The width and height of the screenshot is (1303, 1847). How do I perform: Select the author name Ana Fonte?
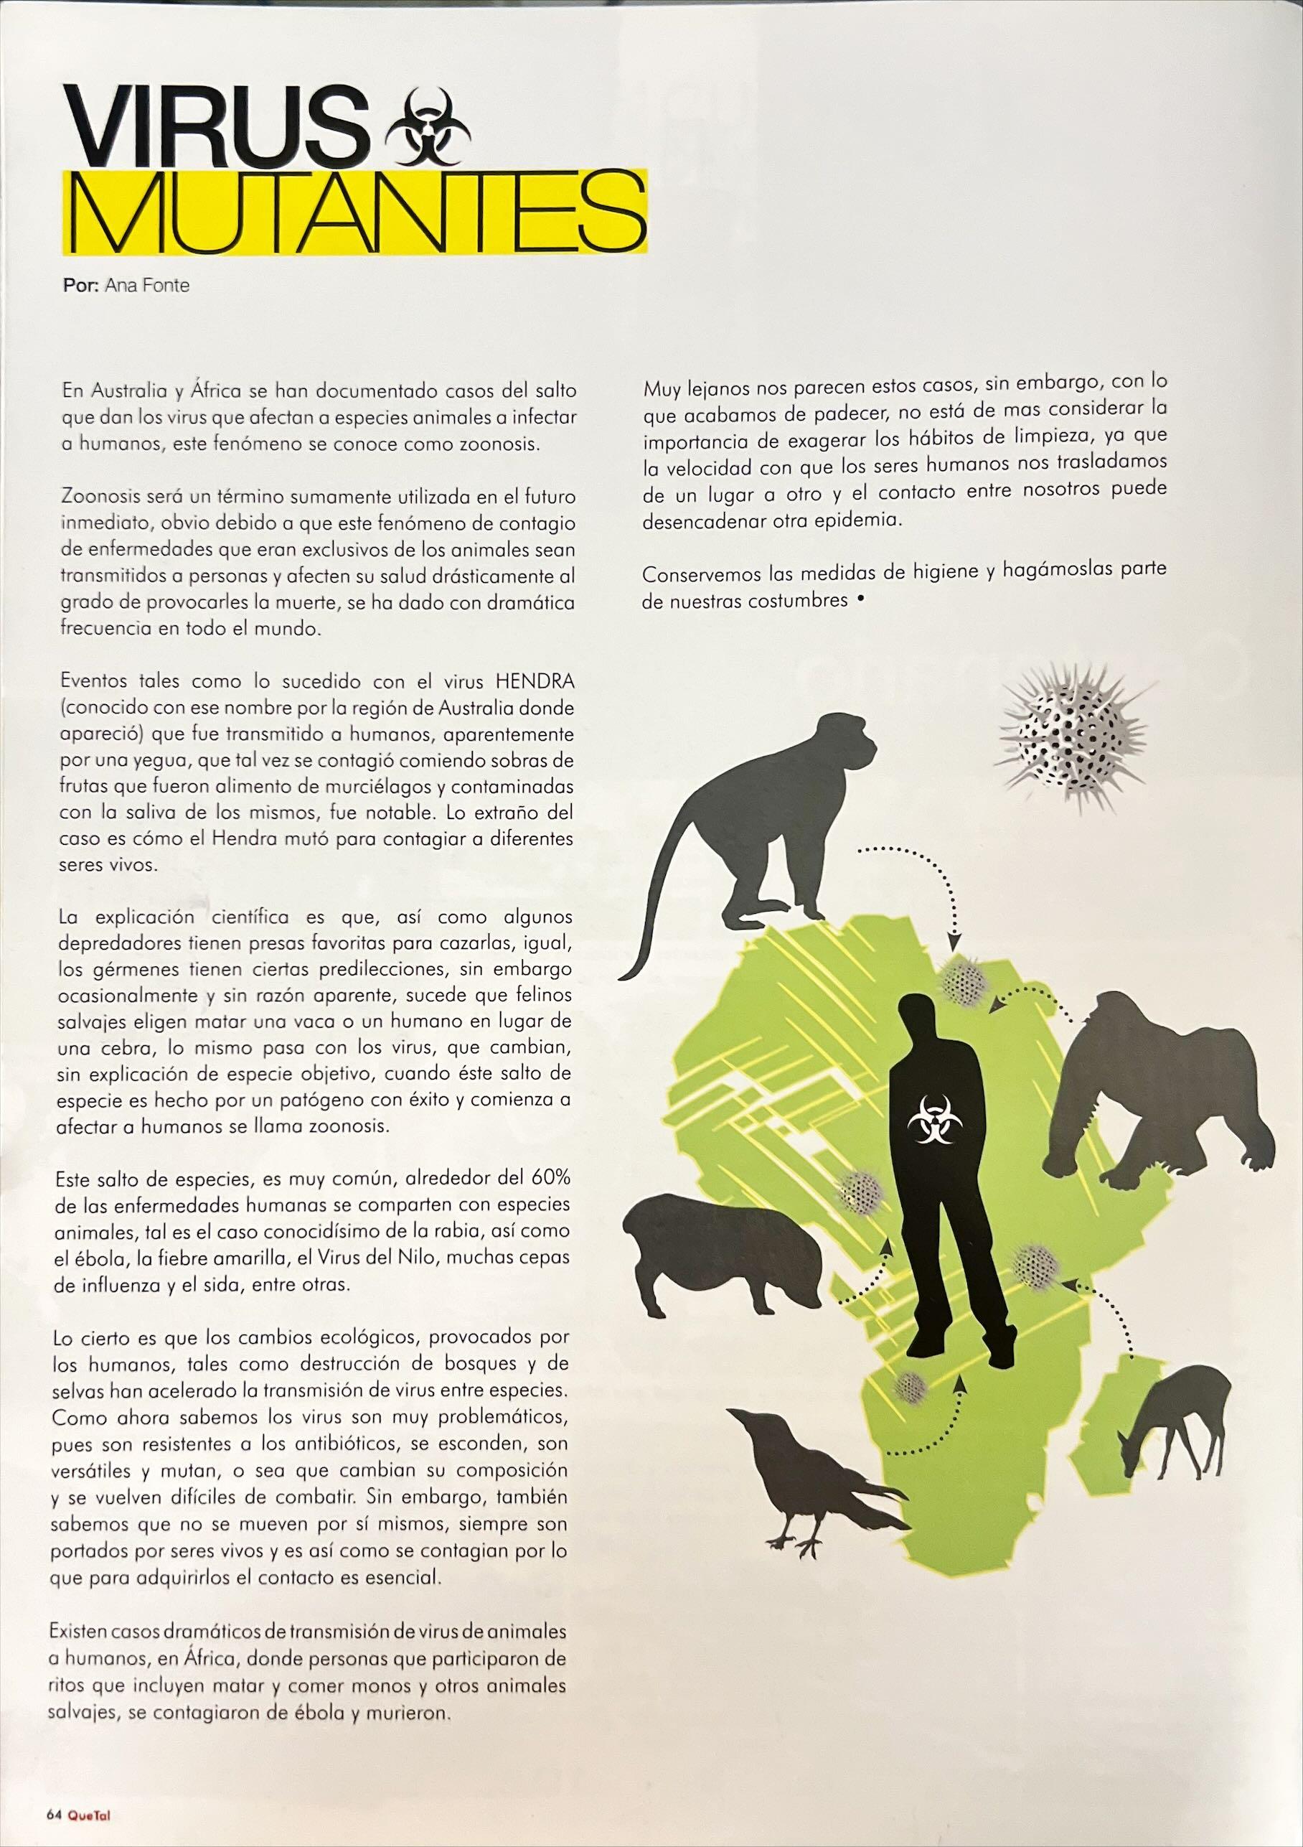tap(147, 286)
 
